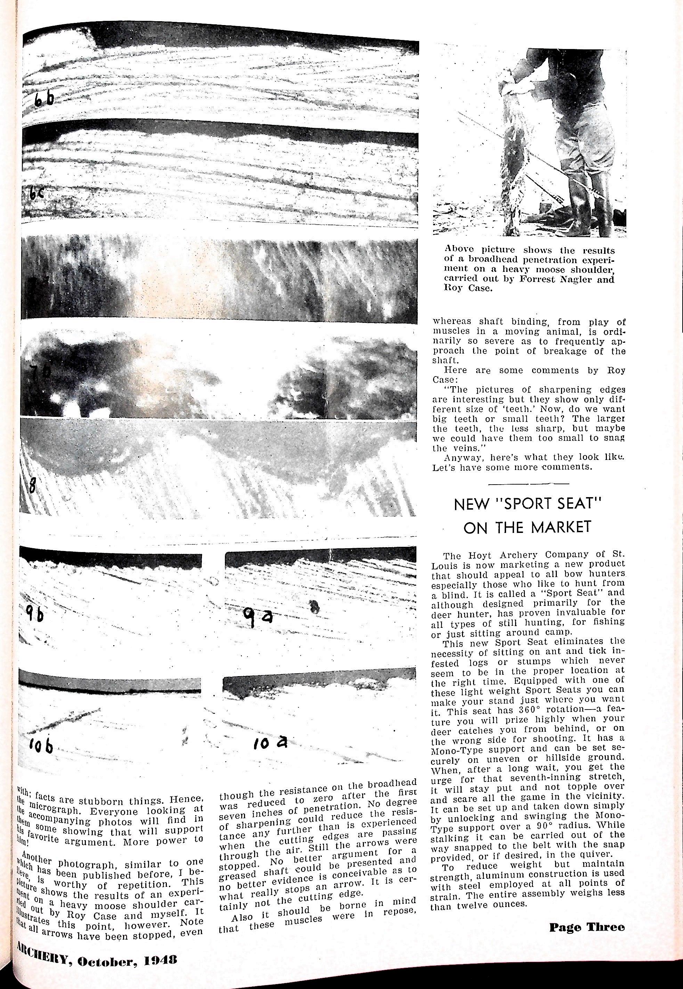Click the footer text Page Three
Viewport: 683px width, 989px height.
(x=586, y=927)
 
